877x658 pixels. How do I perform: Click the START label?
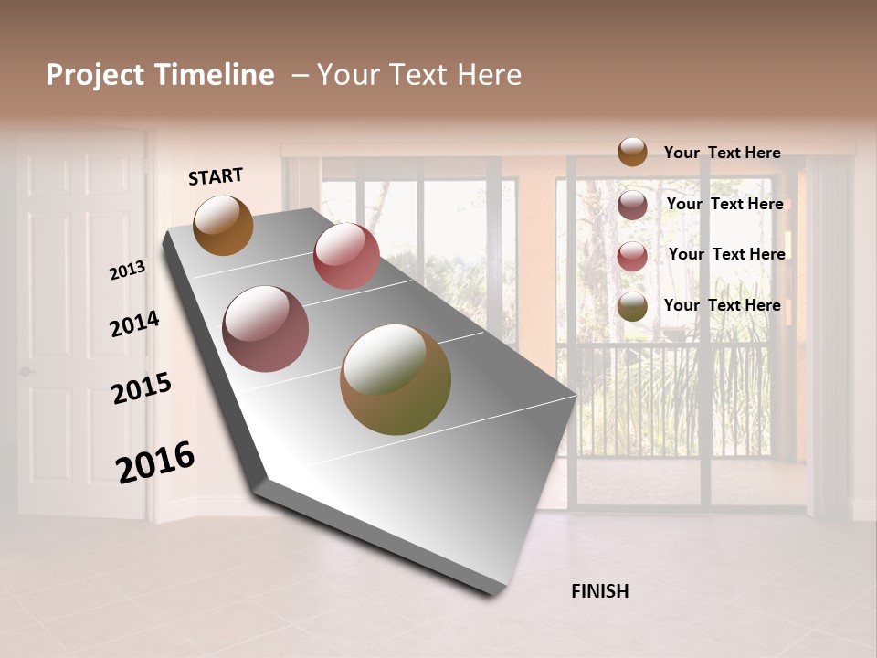216,176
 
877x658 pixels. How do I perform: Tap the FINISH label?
599,591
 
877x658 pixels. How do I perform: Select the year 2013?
127,271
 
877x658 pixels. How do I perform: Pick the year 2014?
134,324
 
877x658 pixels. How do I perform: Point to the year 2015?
142,388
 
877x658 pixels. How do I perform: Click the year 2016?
155,462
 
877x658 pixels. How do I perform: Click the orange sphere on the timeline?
224,225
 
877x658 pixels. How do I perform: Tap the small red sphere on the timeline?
346,256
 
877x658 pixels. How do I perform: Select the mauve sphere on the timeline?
266,329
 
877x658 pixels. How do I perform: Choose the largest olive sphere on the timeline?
396,379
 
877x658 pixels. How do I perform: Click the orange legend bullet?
632,152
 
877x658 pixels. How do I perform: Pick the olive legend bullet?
632,306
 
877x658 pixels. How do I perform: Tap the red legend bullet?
632,256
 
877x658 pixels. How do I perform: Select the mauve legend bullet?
632,205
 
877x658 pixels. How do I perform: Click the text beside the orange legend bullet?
722,153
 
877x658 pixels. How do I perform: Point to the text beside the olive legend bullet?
722,305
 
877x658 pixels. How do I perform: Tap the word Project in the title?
94,75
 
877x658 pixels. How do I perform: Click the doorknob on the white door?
25,372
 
